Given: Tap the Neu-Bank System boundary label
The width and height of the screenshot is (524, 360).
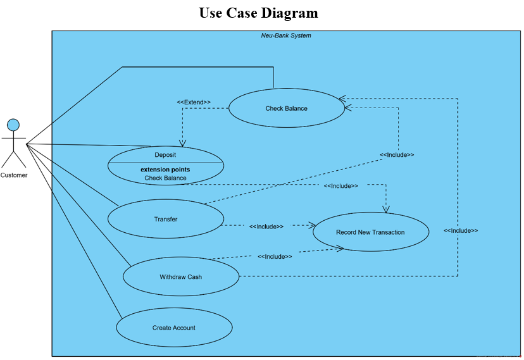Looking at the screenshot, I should point(286,35).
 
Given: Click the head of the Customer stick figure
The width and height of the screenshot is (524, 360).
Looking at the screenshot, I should point(13,124).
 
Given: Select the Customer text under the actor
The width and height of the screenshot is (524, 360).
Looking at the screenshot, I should point(14,175).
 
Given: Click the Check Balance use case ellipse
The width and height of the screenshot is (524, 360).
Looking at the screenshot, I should point(286,108).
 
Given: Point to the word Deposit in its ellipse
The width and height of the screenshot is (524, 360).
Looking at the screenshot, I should point(165,154).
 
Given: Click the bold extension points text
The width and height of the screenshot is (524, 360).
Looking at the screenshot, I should point(165,170).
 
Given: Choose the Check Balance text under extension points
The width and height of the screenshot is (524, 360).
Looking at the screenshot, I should point(165,178).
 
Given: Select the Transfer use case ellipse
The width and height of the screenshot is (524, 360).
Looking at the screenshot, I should point(165,220).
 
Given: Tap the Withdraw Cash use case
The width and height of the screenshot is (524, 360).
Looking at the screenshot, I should point(180,276).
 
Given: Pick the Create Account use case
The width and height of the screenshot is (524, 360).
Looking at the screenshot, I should point(174,328).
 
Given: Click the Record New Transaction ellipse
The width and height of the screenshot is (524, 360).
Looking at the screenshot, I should point(370,232).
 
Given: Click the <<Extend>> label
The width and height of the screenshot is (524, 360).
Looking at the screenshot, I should point(194,102).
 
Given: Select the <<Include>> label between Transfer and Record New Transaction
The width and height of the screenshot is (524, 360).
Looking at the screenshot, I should point(266,226).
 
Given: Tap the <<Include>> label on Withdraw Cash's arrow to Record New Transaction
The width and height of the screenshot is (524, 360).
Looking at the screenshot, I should point(275,256).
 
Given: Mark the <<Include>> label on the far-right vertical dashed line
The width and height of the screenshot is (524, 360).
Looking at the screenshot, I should point(460,230).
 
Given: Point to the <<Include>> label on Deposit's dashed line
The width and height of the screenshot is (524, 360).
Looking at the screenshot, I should point(340,186).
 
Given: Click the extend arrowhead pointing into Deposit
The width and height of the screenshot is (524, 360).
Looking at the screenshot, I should point(183,142).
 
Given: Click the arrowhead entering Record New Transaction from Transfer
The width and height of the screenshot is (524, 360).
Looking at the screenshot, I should point(311,224).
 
